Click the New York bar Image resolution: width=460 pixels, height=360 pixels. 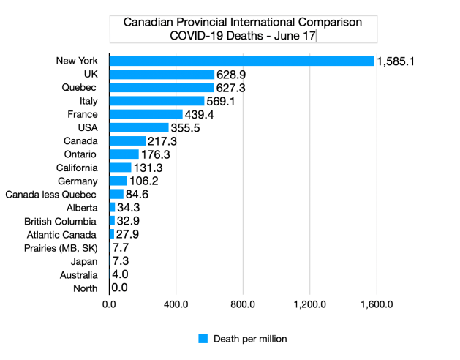[x=241, y=61]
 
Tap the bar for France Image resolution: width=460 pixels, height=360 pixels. [x=146, y=114]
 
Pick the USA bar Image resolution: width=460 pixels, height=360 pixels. [x=139, y=127]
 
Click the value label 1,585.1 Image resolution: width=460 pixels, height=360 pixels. [x=396, y=61]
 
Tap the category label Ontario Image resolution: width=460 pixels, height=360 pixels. [x=80, y=154]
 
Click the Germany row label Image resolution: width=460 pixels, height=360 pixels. [x=77, y=181]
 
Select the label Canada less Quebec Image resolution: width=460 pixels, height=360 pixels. [x=51, y=195]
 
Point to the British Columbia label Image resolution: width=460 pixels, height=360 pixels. [x=60, y=221]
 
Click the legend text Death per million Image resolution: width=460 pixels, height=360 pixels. [x=250, y=338]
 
